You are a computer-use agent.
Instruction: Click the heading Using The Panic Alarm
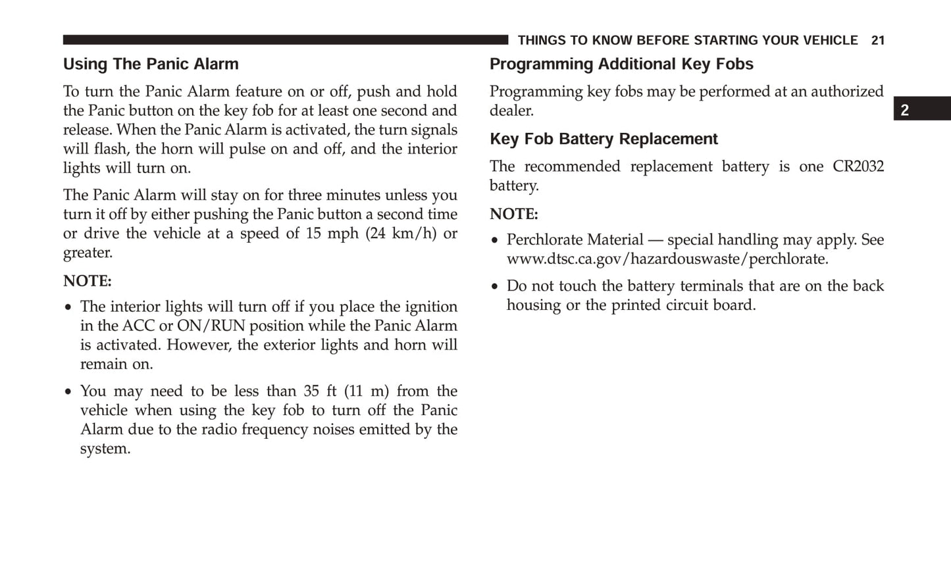tap(151, 64)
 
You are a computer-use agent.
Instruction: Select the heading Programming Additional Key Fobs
tap(621, 64)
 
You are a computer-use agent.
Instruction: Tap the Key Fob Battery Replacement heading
tap(604, 139)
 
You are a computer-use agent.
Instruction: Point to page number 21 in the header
tap(877, 41)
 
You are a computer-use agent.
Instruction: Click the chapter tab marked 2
tap(906, 110)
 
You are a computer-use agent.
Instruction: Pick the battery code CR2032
tap(858, 166)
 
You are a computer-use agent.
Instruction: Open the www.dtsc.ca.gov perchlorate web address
tap(667, 259)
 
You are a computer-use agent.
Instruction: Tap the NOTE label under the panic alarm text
tap(87, 282)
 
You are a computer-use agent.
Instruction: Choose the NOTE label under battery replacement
tap(513, 214)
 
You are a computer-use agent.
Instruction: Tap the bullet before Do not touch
tap(495, 287)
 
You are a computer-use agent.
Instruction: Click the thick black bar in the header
tap(285, 40)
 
